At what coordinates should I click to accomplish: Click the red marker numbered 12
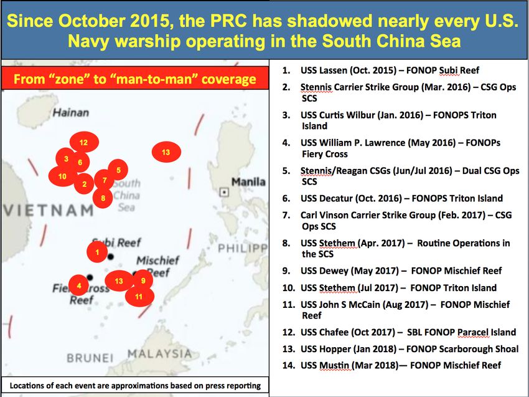pos(84,142)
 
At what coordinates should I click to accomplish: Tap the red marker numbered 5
pos(118,170)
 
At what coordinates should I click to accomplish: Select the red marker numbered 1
pos(97,252)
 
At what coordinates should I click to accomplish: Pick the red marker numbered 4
pos(78,285)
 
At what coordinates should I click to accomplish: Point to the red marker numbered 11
pos(139,296)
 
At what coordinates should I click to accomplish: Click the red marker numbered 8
pos(103,198)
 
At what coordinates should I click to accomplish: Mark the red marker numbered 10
pos(63,176)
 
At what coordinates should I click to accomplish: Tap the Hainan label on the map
pos(71,113)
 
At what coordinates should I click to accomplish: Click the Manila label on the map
pos(248,182)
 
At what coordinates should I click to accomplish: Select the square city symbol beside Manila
pos(224,192)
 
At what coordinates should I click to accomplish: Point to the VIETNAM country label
pos(49,211)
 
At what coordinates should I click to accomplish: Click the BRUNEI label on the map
pos(90,358)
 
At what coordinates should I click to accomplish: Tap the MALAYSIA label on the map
pos(159,354)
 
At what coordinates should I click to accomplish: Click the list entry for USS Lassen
pos(380,70)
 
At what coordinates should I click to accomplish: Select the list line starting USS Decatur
pos(392,198)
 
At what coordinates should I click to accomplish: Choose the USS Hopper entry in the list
pos(400,348)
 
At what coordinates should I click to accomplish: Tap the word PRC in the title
pos(230,21)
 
